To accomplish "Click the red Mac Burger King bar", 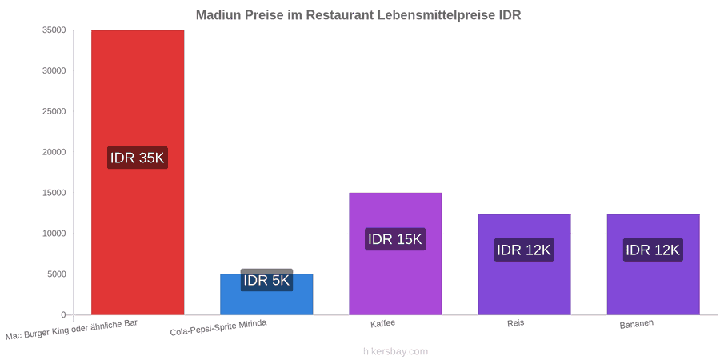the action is pyautogui.click(x=138, y=172).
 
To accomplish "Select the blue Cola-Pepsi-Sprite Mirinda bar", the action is pyautogui.click(x=266, y=294).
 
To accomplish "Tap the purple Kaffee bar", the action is pyautogui.click(x=395, y=254).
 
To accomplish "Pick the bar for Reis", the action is pyautogui.click(x=524, y=264).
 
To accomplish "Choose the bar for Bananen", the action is pyautogui.click(x=654, y=265).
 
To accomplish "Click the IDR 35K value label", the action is pyautogui.click(x=138, y=158).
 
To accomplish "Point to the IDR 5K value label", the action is pyautogui.click(x=266, y=280).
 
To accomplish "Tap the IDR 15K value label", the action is pyautogui.click(x=395, y=239).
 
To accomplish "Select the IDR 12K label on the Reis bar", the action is pyautogui.click(x=524, y=250).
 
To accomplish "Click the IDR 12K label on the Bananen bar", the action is pyautogui.click(x=653, y=250).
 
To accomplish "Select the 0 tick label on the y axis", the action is pyautogui.click(x=63, y=315).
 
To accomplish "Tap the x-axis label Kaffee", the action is pyautogui.click(x=383, y=323).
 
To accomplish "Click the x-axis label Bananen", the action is pyautogui.click(x=637, y=324).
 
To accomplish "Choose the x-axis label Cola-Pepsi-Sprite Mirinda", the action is pyautogui.click(x=218, y=328).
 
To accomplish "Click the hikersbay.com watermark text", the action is pyautogui.click(x=395, y=351).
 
